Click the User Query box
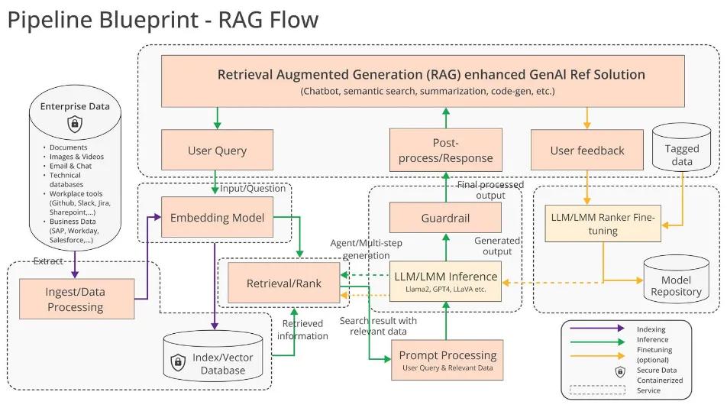click(x=216, y=151)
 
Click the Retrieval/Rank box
click(x=284, y=283)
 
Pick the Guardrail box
click(x=446, y=218)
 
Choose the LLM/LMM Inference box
click(x=446, y=281)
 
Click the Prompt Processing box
click(x=447, y=360)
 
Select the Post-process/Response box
click(x=446, y=150)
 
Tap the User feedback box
click(x=586, y=151)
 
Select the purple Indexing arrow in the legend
click(x=593, y=329)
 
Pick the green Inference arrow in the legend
click(x=593, y=340)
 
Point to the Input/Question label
click(x=252, y=189)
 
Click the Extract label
click(x=48, y=261)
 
